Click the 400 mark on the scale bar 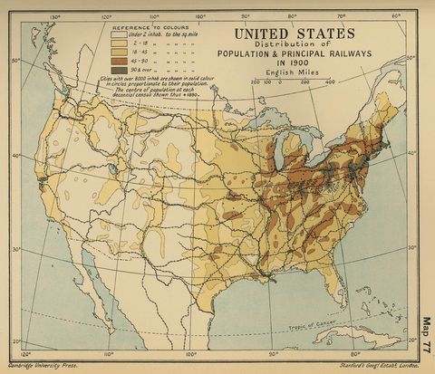pos(330,81)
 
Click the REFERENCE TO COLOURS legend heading pos(141,27)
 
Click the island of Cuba pos(362,338)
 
